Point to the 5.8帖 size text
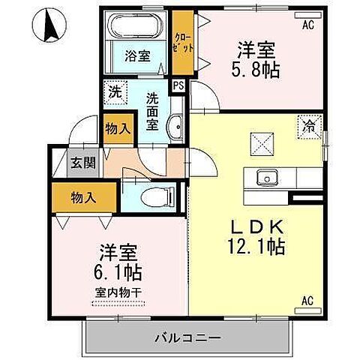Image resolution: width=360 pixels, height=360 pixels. coord(256,68)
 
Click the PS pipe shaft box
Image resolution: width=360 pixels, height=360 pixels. coord(179,85)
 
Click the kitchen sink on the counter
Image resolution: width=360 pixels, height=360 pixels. coord(267,178)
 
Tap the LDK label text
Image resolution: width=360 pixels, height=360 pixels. coord(256,226)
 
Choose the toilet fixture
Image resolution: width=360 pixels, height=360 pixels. coord(154,197)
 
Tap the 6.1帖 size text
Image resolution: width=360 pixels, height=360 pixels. coord(118,271)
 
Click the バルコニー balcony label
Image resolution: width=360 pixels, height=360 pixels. coord(188,337)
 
